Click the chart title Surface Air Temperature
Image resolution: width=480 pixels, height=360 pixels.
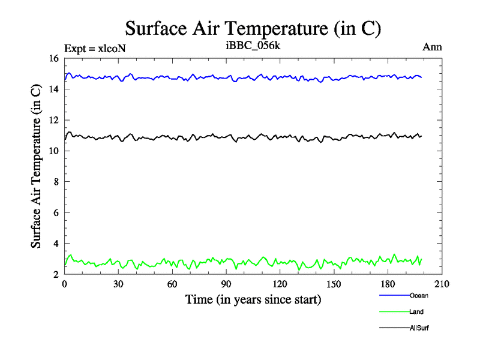tap(253, 28)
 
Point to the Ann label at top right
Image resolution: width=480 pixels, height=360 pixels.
tap(433, 47)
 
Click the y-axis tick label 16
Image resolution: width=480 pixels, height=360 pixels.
tap(53, 59)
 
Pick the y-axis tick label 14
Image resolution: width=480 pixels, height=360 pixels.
tap(53, 89)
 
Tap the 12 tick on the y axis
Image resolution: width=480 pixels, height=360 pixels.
tap(53, 121)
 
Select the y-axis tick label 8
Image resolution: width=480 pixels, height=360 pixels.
tap(55, 182)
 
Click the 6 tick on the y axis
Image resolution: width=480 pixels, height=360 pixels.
tap(55, 213)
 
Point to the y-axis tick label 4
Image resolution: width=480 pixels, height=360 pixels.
tap(55, 244)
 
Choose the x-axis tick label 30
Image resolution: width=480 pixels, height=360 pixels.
tap(118, 284)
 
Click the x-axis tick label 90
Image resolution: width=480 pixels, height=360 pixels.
tap(226, 284)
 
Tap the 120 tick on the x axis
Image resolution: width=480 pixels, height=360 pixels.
tap(280, 284)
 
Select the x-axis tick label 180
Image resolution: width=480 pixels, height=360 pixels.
tap(388, 284)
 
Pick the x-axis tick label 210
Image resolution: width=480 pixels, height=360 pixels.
tap(442, 284)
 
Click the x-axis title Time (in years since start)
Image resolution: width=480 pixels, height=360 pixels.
tap(253, 299)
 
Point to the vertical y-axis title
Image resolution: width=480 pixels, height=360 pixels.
tap(36, 166)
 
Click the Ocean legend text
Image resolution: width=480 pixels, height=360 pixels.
tap(419, 295)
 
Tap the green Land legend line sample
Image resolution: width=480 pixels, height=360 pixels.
tap(394, 312)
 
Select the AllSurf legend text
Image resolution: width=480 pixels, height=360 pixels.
tap(419, 328)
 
